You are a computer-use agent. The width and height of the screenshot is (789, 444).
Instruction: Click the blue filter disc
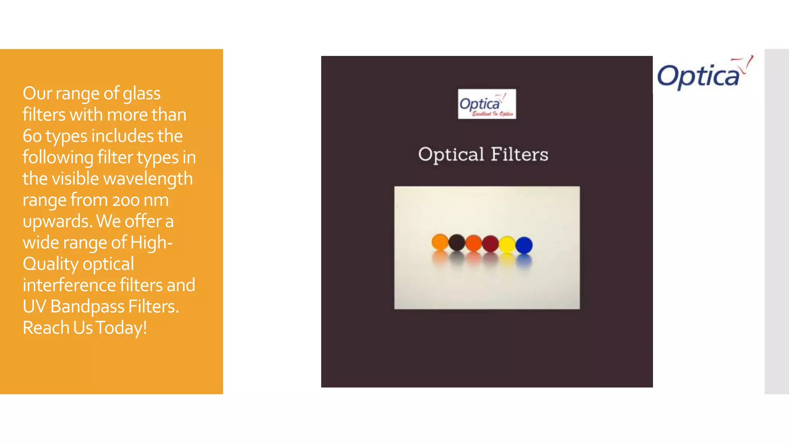tap(524, 245)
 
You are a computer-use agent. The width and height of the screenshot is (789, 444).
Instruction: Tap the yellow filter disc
tap(507, 244)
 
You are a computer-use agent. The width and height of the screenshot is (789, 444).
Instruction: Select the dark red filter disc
tap(490, 244)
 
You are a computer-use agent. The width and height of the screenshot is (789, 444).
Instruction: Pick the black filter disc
tap(457, 242)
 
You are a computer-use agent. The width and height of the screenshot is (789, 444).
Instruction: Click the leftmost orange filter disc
tap(440, 242)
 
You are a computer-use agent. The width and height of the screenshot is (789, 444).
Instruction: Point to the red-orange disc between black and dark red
tap(473, 243)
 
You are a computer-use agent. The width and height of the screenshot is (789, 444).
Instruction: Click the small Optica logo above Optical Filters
tap(487, 104)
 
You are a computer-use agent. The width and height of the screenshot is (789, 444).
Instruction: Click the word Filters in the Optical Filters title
tap(519, 155)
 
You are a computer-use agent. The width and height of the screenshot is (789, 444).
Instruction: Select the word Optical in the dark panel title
tap(451, 155)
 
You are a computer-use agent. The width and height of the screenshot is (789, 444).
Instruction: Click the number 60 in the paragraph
tap(32, 136)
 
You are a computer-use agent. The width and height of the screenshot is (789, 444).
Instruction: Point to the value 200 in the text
tap(126, 200)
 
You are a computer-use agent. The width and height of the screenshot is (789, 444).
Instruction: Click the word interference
tap(69, 285)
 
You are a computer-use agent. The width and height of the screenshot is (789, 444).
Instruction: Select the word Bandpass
tap(87, 307)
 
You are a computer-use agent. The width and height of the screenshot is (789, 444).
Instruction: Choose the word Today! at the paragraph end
tap(121, 328)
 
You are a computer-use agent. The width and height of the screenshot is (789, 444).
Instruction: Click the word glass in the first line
tap(141, 94)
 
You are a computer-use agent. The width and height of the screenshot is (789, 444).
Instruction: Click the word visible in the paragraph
tap(75, 179)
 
